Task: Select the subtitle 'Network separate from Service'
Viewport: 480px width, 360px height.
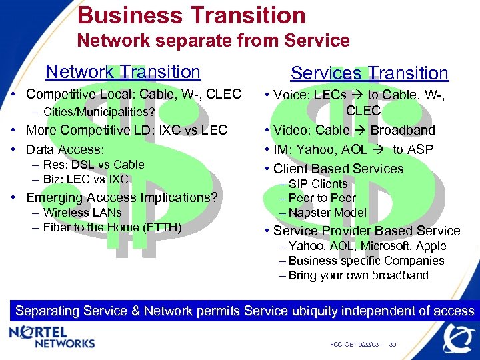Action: tap(213, 41)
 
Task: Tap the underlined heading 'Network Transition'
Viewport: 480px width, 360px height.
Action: tap(123, 72)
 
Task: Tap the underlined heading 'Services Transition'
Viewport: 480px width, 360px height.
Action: tap(369, 73)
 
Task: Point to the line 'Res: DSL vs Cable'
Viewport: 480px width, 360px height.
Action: tap(93, 164)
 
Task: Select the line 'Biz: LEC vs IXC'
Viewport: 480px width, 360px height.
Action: tap(85, 179)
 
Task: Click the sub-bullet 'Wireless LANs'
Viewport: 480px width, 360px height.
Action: tap(82, 213)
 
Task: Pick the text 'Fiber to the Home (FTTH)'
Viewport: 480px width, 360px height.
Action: tap(112, 227)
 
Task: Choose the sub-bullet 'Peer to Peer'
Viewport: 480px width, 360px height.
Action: tap(322, 198)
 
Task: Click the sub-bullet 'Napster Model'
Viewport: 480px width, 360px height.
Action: tap(327, 213)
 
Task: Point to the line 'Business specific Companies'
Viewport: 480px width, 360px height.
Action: tap(366, 261)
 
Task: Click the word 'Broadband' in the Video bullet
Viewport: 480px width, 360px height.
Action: tap(403, 130)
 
